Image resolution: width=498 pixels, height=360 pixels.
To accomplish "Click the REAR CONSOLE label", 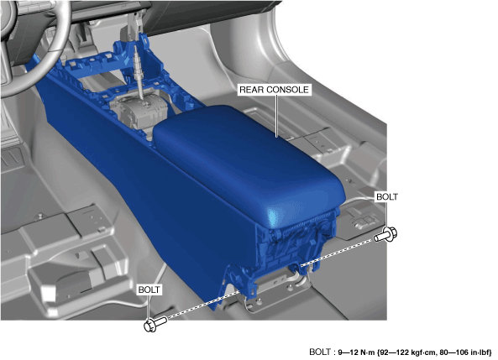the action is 274,90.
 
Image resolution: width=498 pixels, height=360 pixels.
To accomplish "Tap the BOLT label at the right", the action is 386,197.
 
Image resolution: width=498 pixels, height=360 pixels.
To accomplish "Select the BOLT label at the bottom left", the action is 149,290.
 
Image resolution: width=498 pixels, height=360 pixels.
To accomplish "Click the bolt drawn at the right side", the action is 385,234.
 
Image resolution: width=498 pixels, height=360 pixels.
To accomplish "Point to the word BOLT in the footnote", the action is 320,352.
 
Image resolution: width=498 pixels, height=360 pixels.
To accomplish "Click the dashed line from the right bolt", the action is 338,253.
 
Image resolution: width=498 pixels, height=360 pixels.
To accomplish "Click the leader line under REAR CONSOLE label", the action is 276,116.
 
